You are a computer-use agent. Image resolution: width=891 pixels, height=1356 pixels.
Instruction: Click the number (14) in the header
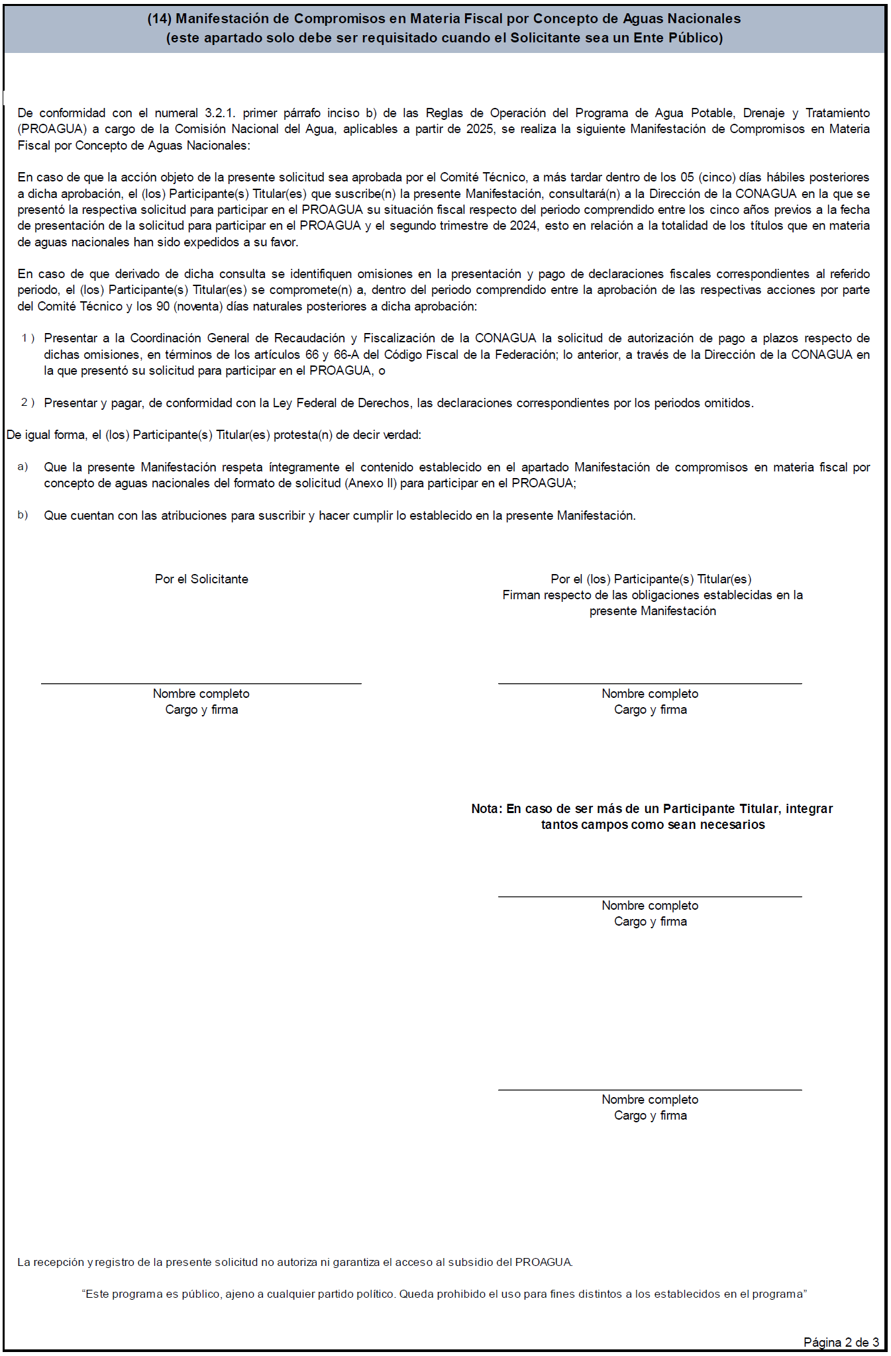(160, 19)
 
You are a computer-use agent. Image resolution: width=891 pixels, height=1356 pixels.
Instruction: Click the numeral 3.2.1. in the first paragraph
(220, 113)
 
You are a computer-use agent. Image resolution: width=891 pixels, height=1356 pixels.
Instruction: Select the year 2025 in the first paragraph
(480, 129)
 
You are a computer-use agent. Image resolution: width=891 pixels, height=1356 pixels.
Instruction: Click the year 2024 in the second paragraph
(523, 226)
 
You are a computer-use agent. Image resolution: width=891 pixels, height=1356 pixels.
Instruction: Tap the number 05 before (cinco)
(687, 177)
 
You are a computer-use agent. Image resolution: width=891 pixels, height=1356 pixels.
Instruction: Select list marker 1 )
(28, 338)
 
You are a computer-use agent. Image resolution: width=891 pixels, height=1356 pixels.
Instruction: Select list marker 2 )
(28, 403)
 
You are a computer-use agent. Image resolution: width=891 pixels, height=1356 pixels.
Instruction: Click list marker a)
(23, 467)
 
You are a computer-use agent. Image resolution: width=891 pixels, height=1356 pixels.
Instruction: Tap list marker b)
(23, 515)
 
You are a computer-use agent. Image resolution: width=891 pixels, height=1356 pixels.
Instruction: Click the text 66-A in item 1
(346, 355)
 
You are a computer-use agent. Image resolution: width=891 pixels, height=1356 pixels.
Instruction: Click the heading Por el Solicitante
(201, 579)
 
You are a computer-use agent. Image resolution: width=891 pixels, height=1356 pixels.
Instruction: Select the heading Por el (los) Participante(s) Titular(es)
(651, 579)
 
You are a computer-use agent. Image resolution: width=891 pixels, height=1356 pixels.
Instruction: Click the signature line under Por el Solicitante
(201, 683)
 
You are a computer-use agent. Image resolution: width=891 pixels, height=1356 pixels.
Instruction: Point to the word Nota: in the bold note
(487, 809)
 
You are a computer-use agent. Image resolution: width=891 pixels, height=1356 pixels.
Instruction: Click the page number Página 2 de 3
(841, 1342)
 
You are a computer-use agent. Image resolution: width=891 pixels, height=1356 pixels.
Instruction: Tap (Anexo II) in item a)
(371, 483)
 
